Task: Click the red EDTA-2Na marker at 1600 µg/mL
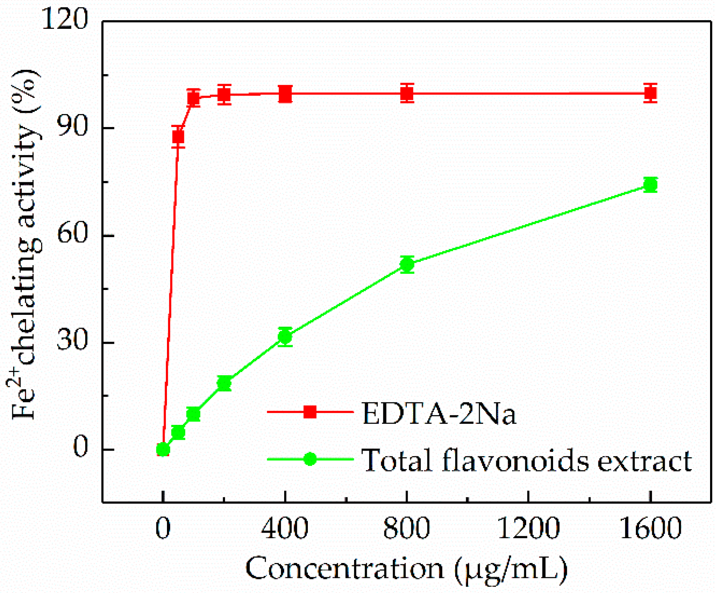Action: [650, 93]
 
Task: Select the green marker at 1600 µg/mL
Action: [650, 185]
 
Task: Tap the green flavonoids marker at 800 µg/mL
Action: [407, 264]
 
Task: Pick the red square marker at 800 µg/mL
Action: [407, 94]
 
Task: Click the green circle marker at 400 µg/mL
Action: [285, 337]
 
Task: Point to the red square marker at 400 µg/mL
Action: [285, 94]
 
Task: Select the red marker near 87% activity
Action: [178, 137]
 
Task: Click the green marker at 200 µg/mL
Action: [224, 383]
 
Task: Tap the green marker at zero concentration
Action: [163, 449]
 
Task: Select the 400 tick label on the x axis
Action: [285, 528]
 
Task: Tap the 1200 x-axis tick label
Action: [528, 528]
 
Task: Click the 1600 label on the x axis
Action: [650, 528]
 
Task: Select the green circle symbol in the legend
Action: [310, 459]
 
